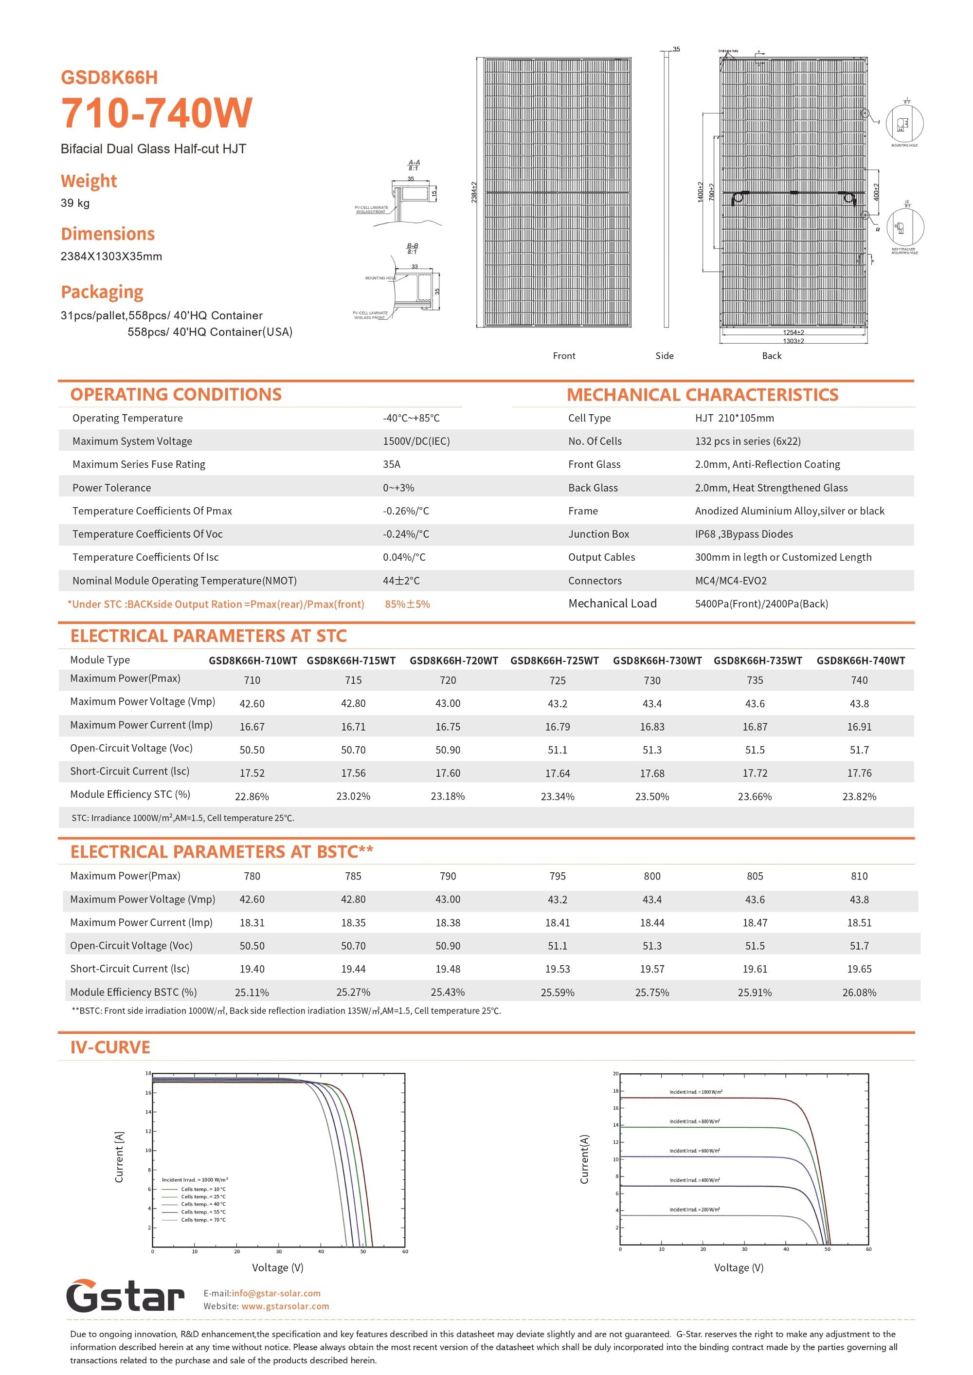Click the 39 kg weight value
coord(75,203)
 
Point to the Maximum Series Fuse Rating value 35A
coord(391,464)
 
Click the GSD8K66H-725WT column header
coord(554,660)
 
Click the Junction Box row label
coord(598,534)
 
